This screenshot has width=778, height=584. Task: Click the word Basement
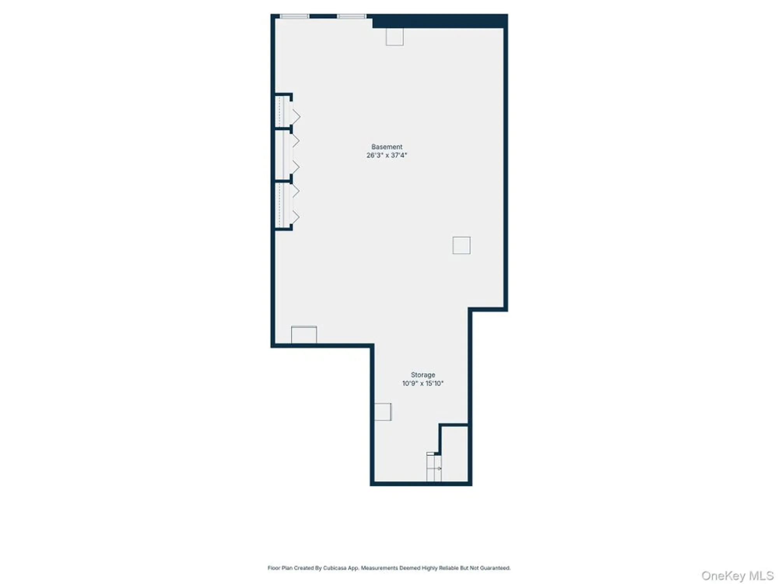pyautogui.click(x=387, y=147)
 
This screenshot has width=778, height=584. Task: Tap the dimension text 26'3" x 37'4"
pyautogui.click(x=387, y=155)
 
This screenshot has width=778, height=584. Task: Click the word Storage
pyautogui.click(x=423, y=375)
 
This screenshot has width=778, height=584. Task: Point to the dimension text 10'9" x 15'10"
pyautogui.click(x=423, y=383)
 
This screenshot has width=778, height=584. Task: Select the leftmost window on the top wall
pyautogui.click(x=294, y=16)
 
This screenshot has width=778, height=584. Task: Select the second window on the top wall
pyautogui.click(x=351, y=16)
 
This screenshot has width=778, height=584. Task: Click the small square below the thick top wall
pyautogui.click(x=394, y=37)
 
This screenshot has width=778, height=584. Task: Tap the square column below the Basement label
pyautogui.click(x=461, y=245)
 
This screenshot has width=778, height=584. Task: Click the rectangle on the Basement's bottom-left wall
pyautogui.click(x=304, y=335)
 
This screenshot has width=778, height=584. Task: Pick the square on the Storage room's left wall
pyautogui.click(x=383, y=412)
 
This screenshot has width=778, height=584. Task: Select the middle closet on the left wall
pyautogui.click(x=283, y=155)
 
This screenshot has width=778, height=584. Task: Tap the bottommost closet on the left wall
pyautogui.click(x=283, y=205)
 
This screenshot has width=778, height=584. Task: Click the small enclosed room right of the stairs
pyautogui.click(x=455, y=454)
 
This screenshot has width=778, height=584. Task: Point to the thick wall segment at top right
pyautogui.click(x=440, y=21)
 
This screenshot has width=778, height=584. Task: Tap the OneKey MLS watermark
pyautogui.click(x=737, y=575)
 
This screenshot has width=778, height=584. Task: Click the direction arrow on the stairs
pyautogui.click(x=439, y=468)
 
